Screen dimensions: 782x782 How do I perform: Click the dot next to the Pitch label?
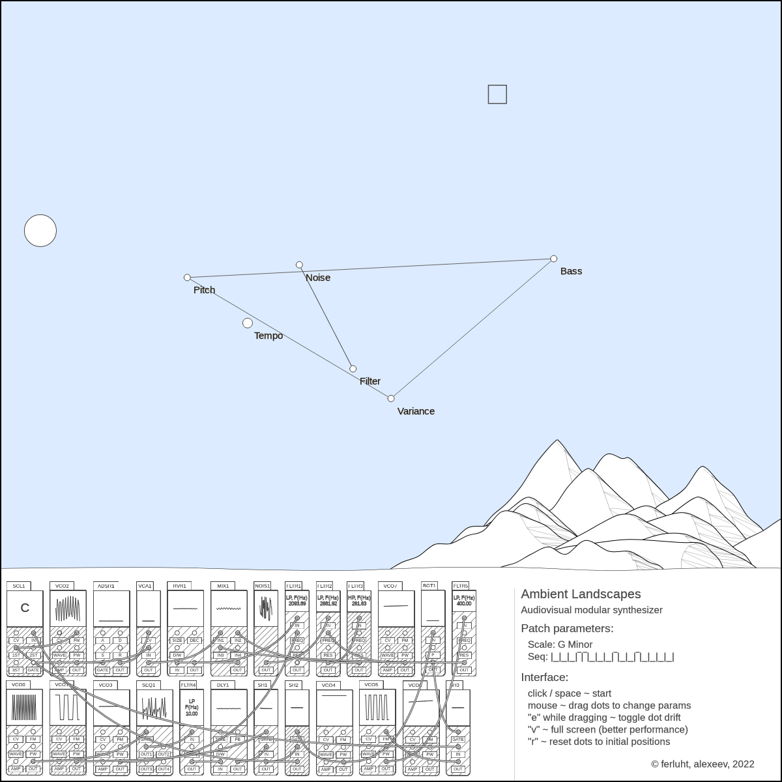click(188, 278)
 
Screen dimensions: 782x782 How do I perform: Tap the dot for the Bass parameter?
click(554, 259)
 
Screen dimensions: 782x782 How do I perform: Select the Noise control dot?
click(299, 265)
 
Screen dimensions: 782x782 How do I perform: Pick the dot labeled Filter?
click(353, 369)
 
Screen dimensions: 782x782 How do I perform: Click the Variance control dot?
click(391, 399)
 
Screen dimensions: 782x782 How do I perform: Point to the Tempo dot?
click(248, 323)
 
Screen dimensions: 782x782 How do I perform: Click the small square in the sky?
click(497, 94)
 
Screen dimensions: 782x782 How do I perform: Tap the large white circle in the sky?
click(40, 231)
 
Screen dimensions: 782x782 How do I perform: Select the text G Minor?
click(575, 644)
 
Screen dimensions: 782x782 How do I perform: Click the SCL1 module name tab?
click(19, 586)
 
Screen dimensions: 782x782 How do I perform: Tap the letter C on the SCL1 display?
click(25, 608)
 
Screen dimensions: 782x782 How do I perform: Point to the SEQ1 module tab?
click(149, 685)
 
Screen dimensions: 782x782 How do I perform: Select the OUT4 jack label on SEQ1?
click(163, 769)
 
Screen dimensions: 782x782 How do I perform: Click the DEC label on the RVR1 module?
click(194, 641)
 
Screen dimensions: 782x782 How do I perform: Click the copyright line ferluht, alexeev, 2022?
click(702, 764)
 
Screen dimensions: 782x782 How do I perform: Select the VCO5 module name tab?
click(371, 685)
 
